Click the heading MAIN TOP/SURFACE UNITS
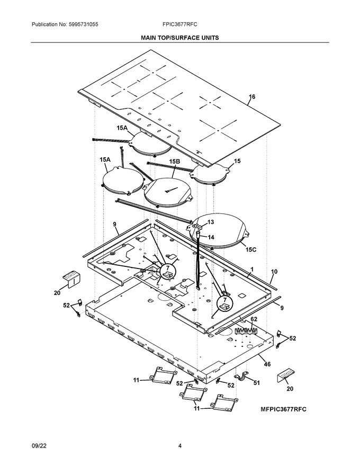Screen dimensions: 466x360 [x=179, y=38]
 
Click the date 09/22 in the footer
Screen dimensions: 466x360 [x=39, y=446]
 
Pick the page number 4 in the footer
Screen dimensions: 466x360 [x=180, y=446]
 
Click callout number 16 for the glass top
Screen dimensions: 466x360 [x=252, y=97]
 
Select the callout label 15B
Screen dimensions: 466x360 [x=175, y=161]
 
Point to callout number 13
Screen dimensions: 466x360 [x=210, y=222]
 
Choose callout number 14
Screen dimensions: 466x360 [x=210, y=237]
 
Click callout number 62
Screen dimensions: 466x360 [x=254, y=319]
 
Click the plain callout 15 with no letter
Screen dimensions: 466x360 [x=237, y=161]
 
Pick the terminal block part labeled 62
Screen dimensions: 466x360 [x=247, y=331]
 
